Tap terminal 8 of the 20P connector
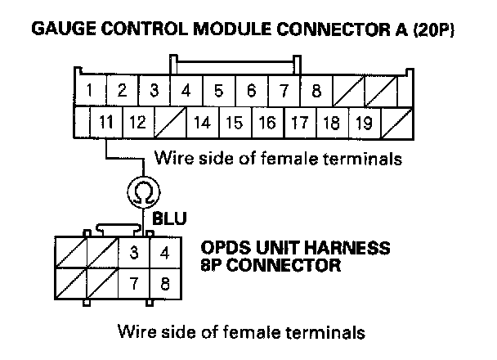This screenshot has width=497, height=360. pyautogui.click(x=316, y=92)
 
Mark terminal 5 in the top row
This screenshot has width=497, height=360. pyautogui.click(x=218, y=92)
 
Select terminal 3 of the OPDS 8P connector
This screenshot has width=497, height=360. pyautogui.click(x=132, y=253)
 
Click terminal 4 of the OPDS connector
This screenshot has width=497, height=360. pyautogui.click(x=164, y=253)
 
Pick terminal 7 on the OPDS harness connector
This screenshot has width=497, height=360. pyautogui.click(x=132, y=286)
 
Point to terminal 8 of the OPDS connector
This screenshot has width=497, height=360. pyautogui.click(x=164, y=286)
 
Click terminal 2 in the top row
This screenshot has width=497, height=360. pyautogui.click(x=121, y=92)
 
